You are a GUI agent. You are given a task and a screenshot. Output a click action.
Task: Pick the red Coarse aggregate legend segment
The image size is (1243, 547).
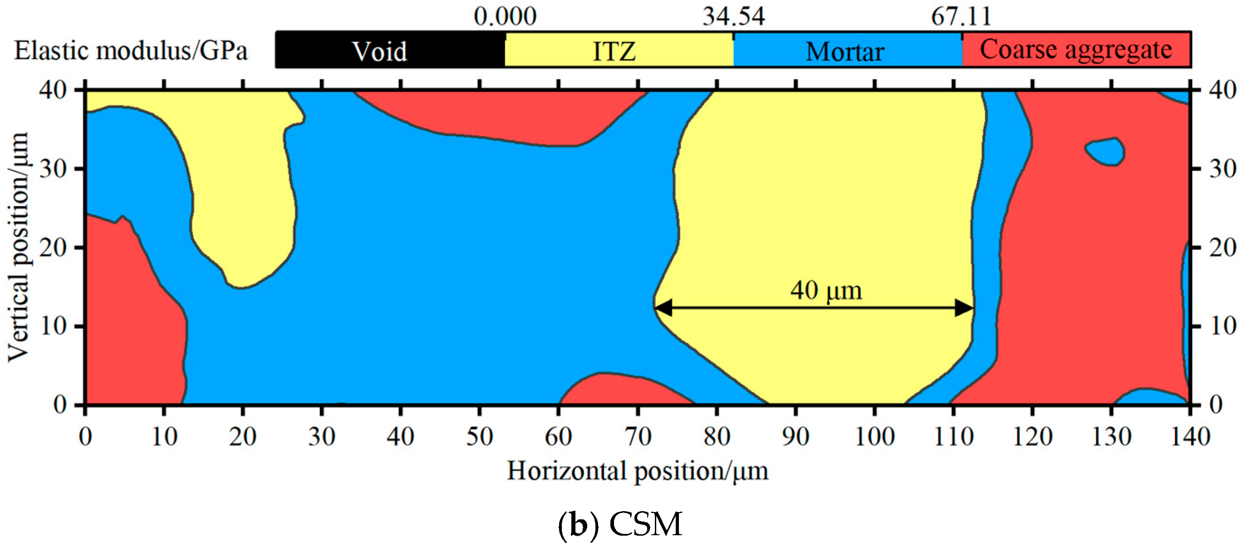tap(1076, 50)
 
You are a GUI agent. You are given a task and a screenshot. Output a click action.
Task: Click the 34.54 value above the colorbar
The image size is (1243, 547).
tap(733, 16)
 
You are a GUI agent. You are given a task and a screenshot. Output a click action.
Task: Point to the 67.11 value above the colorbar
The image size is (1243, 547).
tap(961, 16)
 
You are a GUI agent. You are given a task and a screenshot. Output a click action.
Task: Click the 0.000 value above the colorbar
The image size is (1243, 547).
tap(505, 16)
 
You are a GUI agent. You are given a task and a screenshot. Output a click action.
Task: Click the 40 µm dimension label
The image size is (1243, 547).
tap(826, 290)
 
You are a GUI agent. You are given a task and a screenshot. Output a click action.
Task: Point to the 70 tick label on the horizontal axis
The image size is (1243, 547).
tap(638, 436)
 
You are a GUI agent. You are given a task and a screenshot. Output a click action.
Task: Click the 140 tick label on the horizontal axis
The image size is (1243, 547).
tap(1190, 436)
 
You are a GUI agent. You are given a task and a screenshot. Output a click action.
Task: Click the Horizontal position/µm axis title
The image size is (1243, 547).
tap(637, 471)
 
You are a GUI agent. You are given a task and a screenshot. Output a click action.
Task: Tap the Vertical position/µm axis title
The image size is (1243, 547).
tap(18, 247)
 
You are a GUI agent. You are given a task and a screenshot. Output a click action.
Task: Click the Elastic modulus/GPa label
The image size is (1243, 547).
tap(131, 51)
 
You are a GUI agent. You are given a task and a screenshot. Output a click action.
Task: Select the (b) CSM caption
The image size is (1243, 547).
tap(620, 525)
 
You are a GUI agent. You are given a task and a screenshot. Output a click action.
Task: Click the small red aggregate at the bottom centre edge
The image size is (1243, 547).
tap(623, 390)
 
